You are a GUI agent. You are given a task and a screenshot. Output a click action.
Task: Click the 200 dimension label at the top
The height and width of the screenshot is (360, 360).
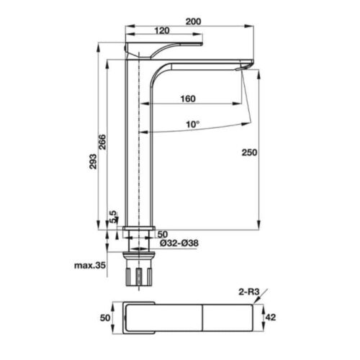point(194,22)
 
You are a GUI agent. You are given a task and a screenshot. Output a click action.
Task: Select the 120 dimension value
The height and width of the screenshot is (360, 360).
point(162,31)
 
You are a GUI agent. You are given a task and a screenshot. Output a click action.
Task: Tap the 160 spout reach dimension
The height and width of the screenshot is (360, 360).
point(188,99)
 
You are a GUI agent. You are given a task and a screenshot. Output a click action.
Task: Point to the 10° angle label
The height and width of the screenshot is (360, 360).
point(193,125)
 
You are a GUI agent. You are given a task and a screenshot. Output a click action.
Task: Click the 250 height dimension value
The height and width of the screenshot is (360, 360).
point(249,153)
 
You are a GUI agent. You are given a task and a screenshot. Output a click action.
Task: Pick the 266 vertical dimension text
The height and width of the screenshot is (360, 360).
point(102,142)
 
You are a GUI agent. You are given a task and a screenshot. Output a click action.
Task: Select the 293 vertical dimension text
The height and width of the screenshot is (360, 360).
point(93,161)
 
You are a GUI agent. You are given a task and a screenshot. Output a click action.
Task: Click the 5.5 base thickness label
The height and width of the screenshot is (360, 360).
point(113,217)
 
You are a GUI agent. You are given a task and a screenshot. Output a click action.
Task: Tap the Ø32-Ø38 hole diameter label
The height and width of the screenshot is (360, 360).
point(179,243)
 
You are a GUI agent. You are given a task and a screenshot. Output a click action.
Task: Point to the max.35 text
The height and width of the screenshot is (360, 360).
point(90,266)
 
